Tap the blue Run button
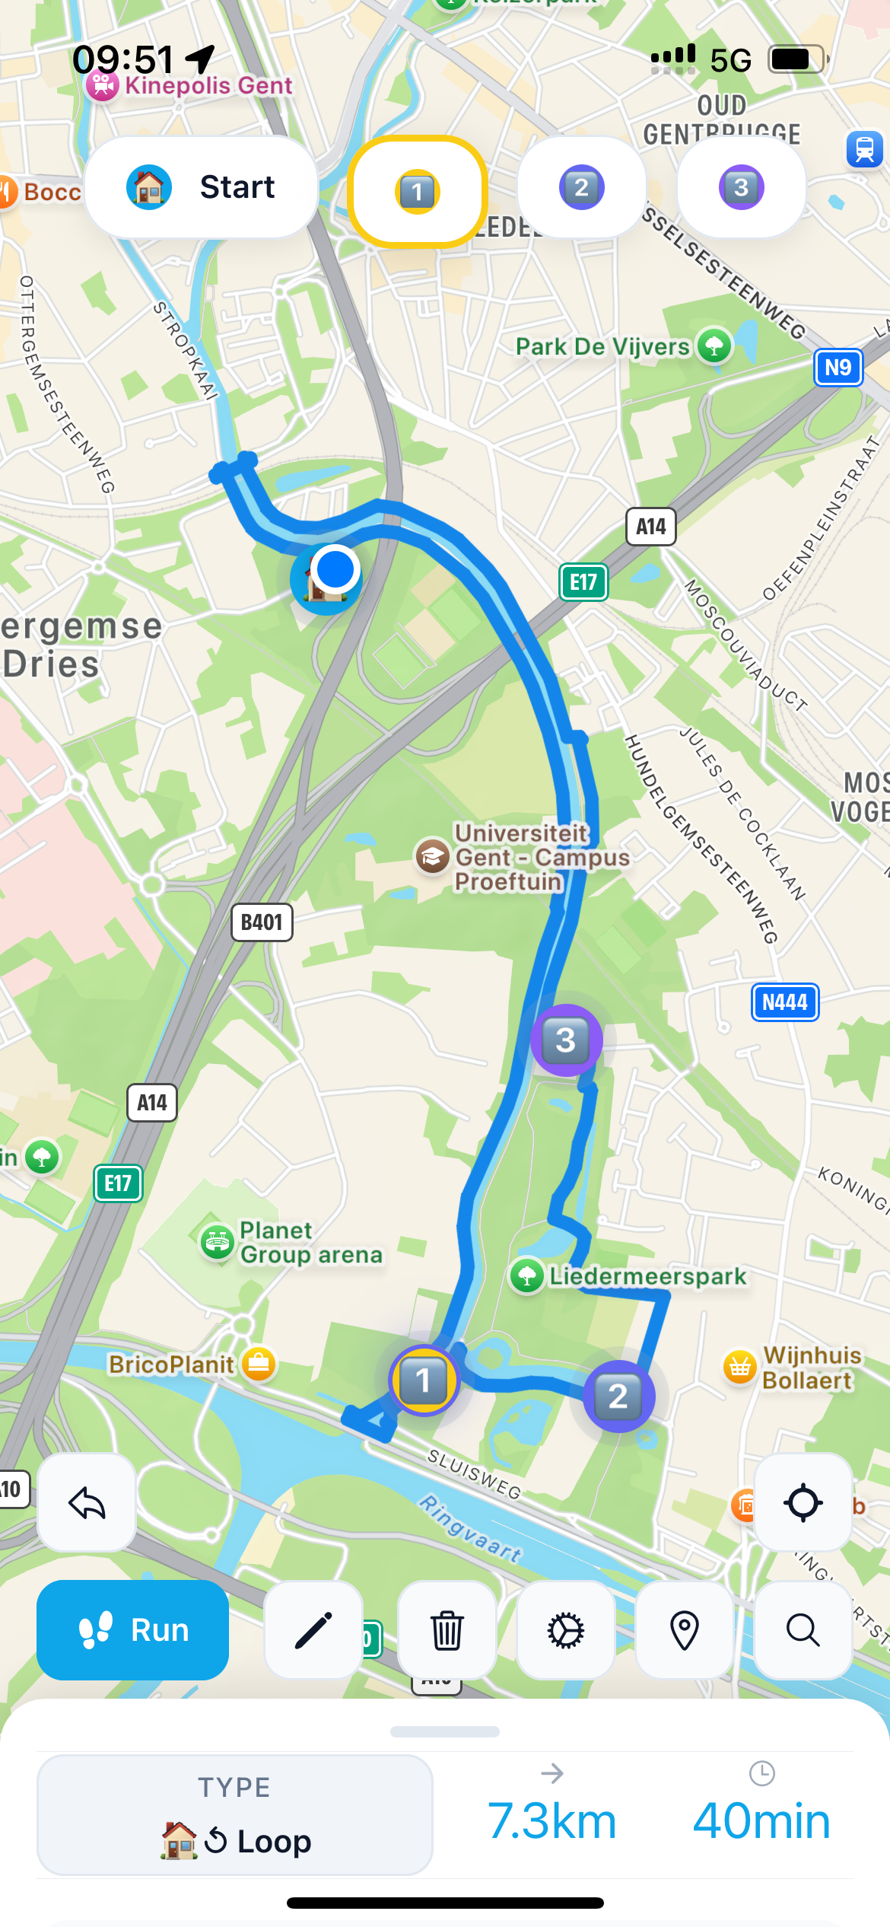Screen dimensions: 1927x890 (133, 1630)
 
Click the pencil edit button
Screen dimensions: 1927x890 (313, 1630)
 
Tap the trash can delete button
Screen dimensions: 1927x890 (447, 1630)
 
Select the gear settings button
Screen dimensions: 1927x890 (566, 1630)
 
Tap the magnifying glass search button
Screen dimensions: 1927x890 (803, 1630)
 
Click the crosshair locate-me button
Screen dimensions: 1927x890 (803, 1502)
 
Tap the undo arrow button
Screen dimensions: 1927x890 (87, 1502)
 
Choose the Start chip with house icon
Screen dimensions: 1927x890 (202, 187)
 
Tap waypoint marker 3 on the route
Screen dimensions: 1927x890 (566, 1040)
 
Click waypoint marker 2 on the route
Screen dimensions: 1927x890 (618, 1396)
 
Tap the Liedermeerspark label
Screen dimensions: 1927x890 (647, 1276)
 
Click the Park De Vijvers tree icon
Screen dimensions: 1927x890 (714, 346)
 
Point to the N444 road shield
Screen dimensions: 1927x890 (785, 1002)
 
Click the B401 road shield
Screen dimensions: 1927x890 (262, 922)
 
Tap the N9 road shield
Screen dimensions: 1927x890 (838, 368)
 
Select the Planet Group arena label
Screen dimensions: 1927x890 (310, 1242)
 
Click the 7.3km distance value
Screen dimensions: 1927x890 (552, 1821)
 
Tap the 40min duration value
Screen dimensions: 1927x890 (761, 1821)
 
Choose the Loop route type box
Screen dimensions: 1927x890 (235, 1815)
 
